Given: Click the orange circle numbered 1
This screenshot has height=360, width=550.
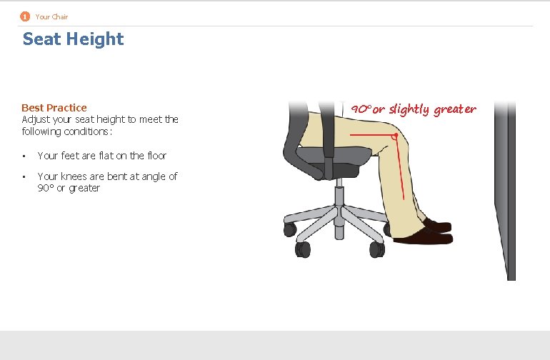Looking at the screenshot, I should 25,16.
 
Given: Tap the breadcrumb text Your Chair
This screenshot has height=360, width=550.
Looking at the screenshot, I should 51,16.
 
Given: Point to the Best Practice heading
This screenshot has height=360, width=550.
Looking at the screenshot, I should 54,108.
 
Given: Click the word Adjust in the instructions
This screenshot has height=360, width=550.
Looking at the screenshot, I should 35,119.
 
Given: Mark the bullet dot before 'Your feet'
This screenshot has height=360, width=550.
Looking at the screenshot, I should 24,156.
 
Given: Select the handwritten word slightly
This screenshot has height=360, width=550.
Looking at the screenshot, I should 409,109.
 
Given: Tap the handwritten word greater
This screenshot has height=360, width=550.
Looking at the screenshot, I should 455,109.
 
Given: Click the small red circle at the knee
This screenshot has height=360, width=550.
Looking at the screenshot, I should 394,136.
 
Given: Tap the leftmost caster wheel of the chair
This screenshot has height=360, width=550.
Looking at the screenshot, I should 289,229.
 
